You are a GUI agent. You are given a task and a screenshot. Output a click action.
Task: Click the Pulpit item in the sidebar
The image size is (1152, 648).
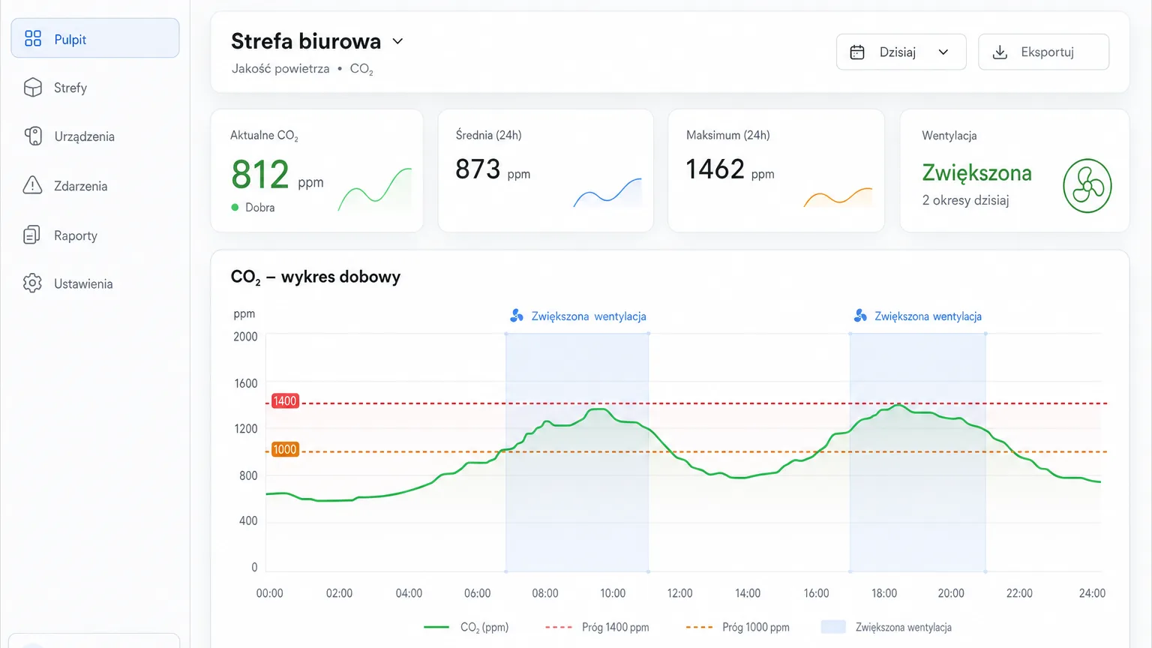tap(95, 38)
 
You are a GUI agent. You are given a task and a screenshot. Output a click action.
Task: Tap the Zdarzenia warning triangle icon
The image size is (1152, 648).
tap(32, 185)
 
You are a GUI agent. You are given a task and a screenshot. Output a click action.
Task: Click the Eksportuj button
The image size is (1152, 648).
tap(1043, 52)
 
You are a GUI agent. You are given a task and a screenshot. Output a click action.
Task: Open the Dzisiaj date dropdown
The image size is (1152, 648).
tap(901, 52)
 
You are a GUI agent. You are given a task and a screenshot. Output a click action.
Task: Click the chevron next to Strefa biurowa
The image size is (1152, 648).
tap(397, 41)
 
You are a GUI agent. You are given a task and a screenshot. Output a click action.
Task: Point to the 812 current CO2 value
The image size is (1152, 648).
tap(259, 175)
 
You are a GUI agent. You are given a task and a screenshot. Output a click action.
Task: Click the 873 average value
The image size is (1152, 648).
tap(478, 169)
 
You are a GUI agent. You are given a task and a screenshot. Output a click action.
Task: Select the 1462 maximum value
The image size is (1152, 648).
tap(715, 169)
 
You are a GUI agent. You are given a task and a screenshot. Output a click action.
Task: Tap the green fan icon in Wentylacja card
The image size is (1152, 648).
tap(1087, 186)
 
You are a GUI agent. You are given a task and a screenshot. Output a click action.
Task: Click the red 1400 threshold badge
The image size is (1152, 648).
tap(285, 401)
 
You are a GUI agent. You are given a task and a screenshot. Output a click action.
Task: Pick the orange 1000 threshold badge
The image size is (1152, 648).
tap(285, 449)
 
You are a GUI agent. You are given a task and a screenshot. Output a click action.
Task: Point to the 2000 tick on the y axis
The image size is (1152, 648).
tap(245, 337)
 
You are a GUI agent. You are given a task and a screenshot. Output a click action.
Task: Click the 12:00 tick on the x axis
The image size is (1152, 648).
tap(680, 593)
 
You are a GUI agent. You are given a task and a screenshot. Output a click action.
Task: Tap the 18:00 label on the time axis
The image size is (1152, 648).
tap(884, 593)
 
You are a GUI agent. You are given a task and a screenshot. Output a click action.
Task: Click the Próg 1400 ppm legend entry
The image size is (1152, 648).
tap(597, 628)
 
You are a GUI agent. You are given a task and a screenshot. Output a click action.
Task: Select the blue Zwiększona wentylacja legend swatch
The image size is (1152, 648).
tap(833, 627)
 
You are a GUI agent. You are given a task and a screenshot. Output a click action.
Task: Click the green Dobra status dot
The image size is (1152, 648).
tap(235, 207)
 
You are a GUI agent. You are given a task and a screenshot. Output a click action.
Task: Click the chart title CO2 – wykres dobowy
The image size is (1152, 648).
tap(315, 277)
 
